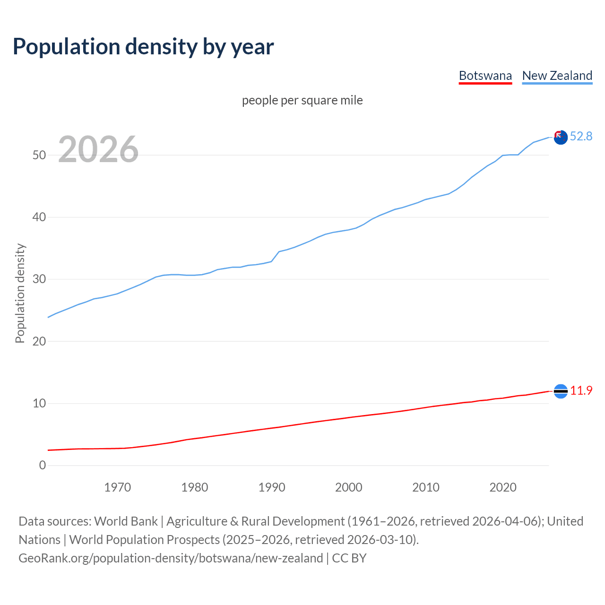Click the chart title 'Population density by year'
[143, 46]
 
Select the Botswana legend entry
[485, 76]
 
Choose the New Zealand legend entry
[557, 76]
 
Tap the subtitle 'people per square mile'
[302, 100]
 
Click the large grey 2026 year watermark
[98, 149]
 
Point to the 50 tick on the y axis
[39, 155]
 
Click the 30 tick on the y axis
[39, 279]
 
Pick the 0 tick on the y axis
[43, 465]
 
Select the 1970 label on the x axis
[117, 487]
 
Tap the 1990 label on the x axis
[272, 487]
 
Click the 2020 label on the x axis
[503, 487]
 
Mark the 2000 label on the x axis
[349, 487]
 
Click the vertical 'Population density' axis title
[20, 293]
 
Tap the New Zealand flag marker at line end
[561, 138]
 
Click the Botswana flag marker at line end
[561, 391]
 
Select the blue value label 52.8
[581, 136]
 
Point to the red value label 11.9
[581, 390]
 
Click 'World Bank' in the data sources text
[126, 521]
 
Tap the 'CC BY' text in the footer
[349, 558]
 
